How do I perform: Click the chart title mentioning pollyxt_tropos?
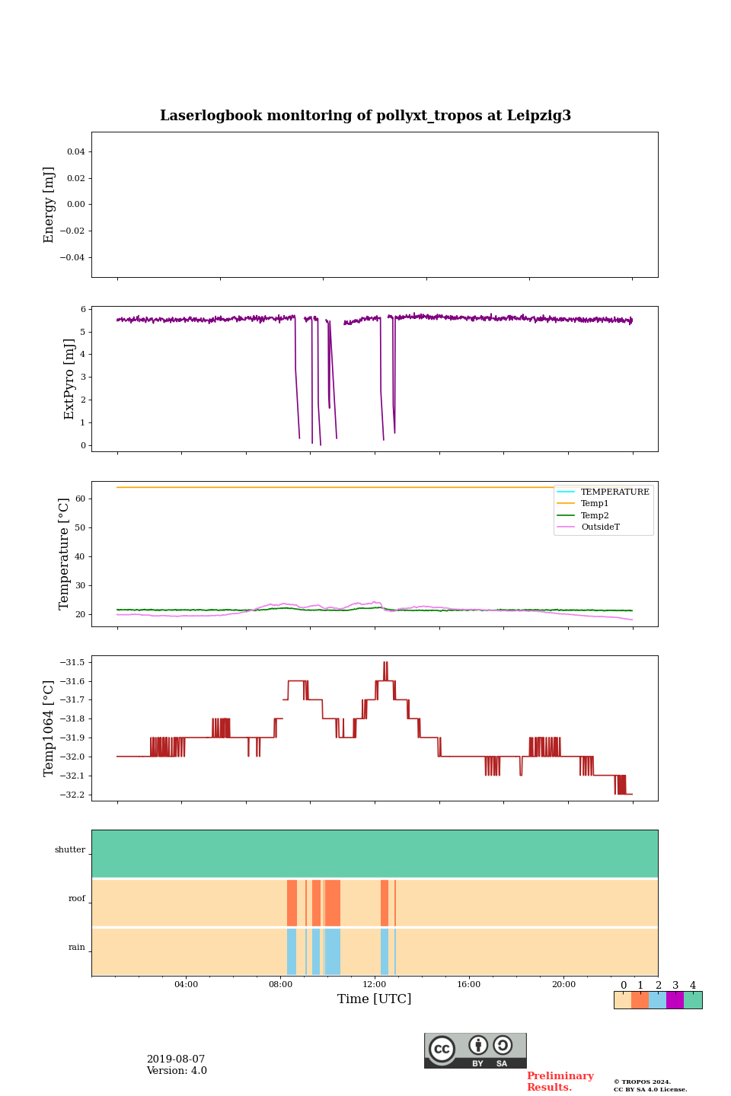pos(365,116)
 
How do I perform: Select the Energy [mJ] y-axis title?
pos(49,205)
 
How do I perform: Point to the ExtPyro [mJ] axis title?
pos(69,379)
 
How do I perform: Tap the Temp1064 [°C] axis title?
pos(49,728)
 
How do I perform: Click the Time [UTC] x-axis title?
pos(374,999)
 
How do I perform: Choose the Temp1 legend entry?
pos(595,504)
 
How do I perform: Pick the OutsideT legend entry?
pos(600,527)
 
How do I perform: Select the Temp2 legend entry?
pos(595,515)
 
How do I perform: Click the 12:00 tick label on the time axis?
pos(375,985)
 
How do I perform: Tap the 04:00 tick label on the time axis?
pos(186,985)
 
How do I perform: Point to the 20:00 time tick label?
pos(563,985)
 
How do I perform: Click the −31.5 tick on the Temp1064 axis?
pos(73,662)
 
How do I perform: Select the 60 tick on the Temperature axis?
pos(80,499)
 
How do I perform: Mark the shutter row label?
pos(70,850)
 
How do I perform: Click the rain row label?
pos(77,948)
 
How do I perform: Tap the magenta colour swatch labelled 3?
pos(675,1000)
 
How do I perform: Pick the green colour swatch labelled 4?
pos(693,1000)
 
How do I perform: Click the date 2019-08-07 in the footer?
pos(176,1059)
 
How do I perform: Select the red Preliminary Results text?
pos(560,1082)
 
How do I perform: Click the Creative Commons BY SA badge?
pos(475,1050)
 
